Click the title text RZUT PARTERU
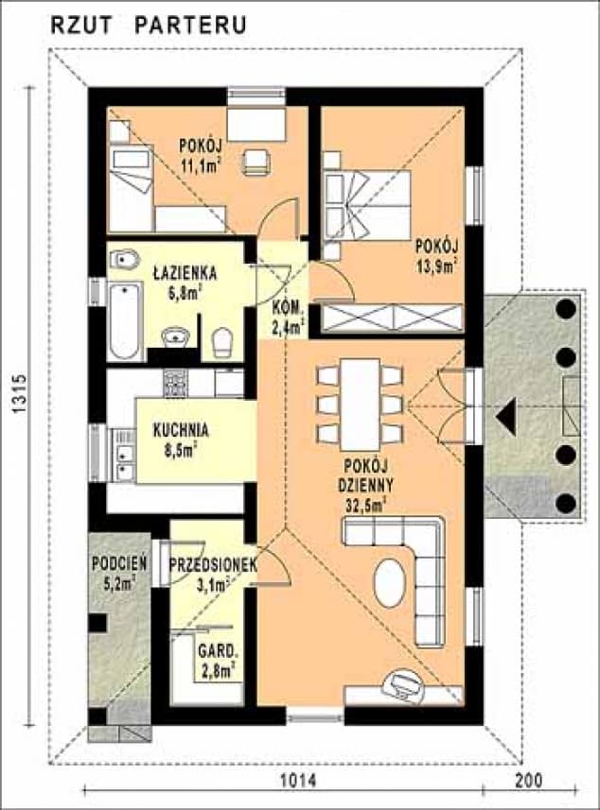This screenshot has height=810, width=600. (149, 25)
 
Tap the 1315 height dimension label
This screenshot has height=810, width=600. (20, 393)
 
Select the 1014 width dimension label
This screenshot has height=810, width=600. (298, 781)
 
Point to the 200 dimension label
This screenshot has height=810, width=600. (529, 781)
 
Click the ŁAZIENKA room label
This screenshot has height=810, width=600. (185, 274)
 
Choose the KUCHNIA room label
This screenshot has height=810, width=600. (181, 430)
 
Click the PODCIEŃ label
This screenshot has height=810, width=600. (119, 563)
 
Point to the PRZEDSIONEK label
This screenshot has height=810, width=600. (213, 565)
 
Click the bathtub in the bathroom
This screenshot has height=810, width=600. (126, 320)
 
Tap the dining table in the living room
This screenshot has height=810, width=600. (360, 404)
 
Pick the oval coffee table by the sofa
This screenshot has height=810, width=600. (390, 583)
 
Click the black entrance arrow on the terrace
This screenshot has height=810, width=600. (505, 416)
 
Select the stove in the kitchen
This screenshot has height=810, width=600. (176, 383)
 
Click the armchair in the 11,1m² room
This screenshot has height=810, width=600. (256, 162)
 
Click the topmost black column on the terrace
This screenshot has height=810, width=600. (566, 309)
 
